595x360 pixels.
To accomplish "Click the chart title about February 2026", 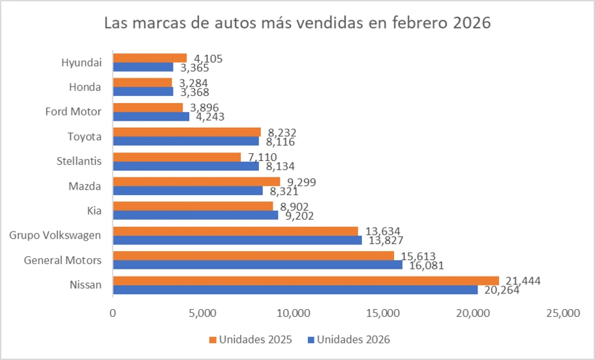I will (x=297, y=23).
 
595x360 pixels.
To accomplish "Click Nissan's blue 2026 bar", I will (x=295, y=290).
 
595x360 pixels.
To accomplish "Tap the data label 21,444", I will (x=522, y=280).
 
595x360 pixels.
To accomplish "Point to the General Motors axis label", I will (x=63, y=260).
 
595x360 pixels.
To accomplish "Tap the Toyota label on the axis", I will (x=84, y=136).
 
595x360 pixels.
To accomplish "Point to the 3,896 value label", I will (x=205, y=108).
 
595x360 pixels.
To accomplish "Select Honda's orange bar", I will (x=142, y=83).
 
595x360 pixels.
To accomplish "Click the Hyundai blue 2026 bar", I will (x=143, y=67).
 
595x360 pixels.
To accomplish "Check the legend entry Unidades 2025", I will (x=250, y=339).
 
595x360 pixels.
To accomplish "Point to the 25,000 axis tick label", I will (x=562, y=314).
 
